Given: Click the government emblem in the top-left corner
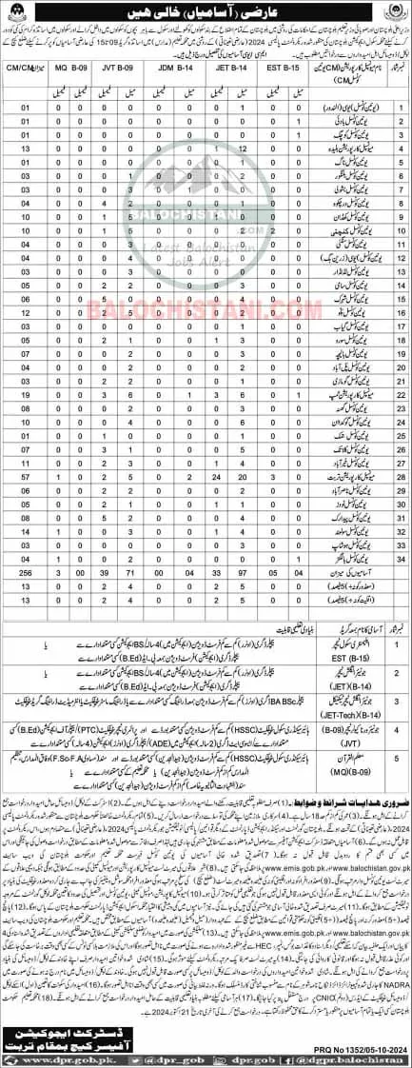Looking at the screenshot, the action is coord(19,17).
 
